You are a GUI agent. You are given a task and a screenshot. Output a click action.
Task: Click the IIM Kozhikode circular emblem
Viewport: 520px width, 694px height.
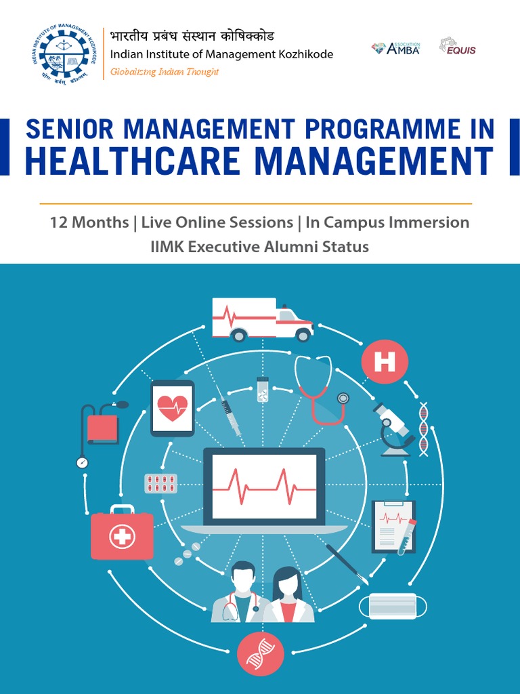(63, 54)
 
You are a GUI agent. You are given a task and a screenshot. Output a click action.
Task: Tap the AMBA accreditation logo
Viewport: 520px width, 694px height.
(395, 47)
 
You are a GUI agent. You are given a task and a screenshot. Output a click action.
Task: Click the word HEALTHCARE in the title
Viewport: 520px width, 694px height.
(132, 161)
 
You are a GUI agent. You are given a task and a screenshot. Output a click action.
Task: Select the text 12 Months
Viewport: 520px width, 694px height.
(89, 222)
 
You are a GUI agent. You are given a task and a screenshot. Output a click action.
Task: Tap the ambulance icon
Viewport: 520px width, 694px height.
(261, 319)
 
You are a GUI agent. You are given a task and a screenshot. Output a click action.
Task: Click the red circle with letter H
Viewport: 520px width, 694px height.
(384, 362)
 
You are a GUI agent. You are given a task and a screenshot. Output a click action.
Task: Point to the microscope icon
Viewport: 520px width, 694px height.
(395, 429)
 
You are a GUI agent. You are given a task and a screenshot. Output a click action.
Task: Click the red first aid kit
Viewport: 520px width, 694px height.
(122, 535)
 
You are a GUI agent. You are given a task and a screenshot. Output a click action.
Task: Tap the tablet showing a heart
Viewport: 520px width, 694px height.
(172, 408)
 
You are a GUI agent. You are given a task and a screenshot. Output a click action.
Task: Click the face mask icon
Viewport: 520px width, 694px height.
(392, 605)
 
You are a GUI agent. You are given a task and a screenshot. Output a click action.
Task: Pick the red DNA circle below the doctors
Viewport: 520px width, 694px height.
(260, 653)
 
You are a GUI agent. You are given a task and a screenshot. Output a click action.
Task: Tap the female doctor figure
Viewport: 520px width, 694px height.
(288, 595)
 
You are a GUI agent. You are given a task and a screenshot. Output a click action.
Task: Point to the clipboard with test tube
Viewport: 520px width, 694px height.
(393, 527)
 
